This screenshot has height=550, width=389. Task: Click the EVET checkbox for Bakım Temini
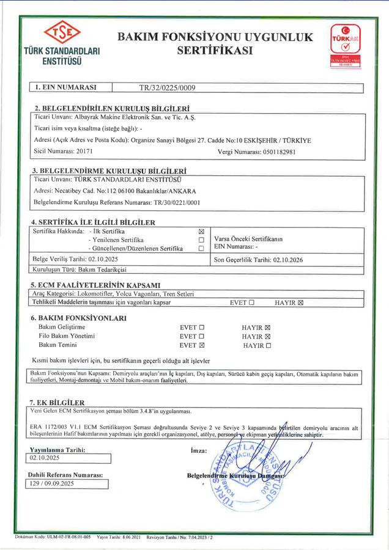click(x=202, y=345)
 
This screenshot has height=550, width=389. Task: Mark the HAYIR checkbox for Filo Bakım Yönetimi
click(x=267, y=336)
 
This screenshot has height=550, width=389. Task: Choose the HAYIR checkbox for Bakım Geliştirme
click(x=267, y=327)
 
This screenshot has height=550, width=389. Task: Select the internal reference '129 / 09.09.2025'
click(x=69, y=483)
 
